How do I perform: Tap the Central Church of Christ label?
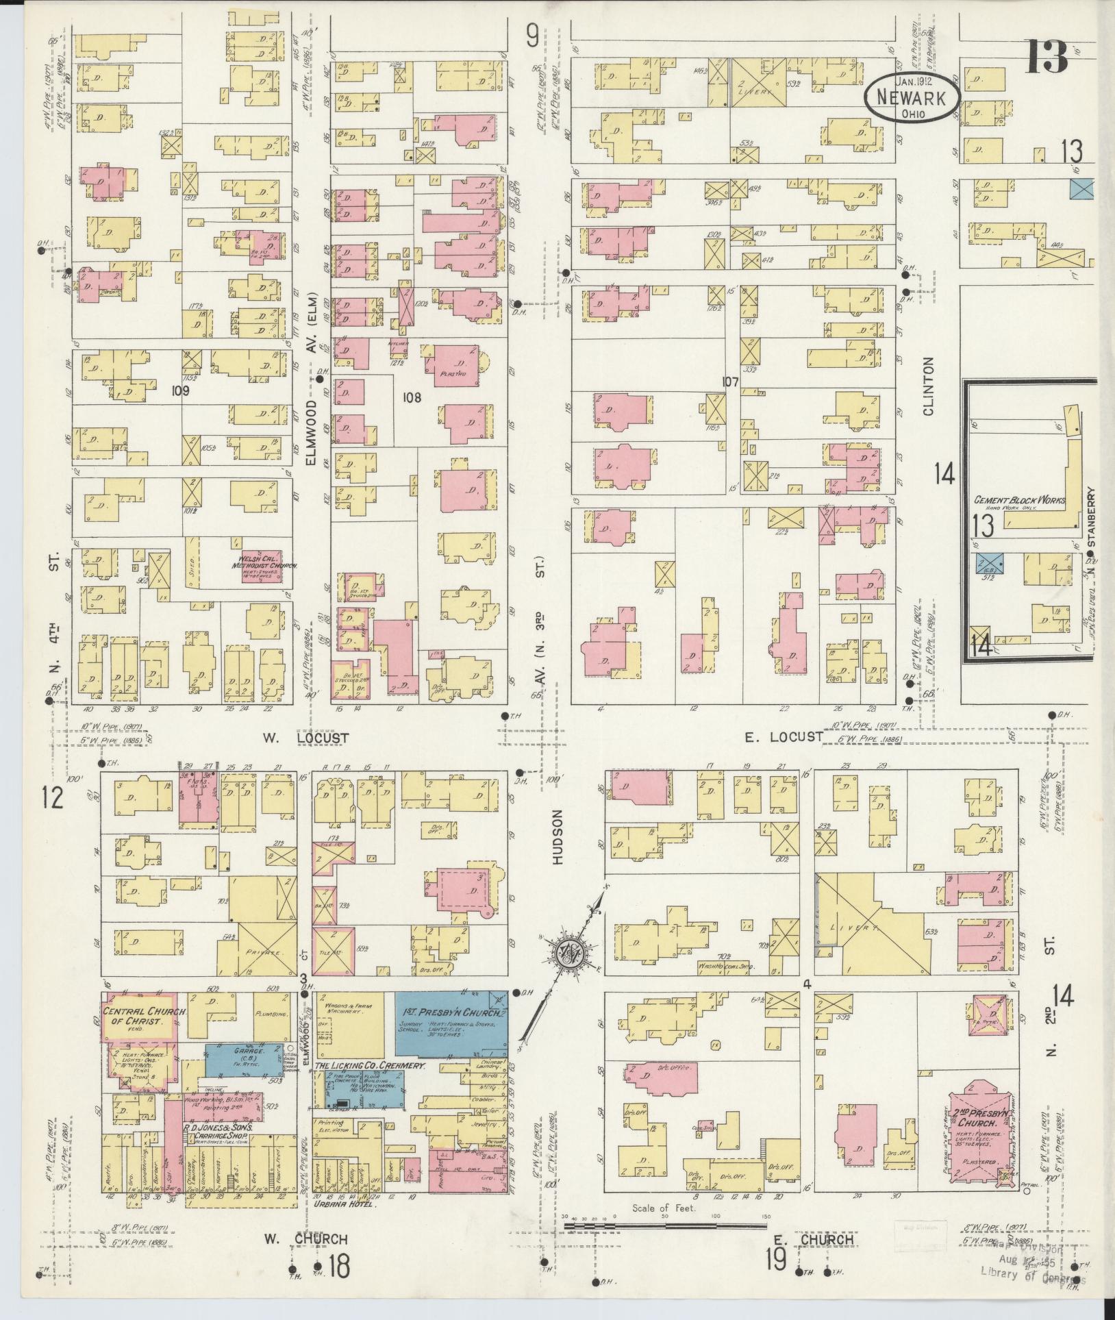pos(135,1016)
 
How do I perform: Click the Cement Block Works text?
pos(1020,501)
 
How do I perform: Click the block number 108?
pos(412,397)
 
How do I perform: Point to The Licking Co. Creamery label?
pos(370,1067)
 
